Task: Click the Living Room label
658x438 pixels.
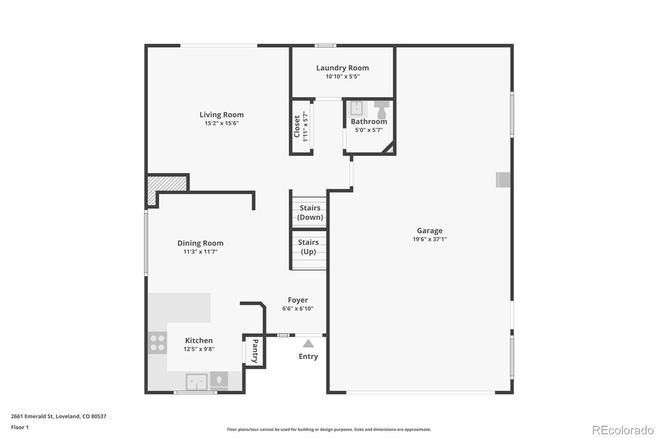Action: (x=222, y=115)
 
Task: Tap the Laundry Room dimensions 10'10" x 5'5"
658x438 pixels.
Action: (x=343, y=76)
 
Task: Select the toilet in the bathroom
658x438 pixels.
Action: (x=382, y=110)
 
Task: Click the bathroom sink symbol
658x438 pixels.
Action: (x=357, y=108)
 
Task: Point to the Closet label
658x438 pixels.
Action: (x=297, y=126)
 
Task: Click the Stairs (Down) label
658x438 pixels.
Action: (x=310, y=212)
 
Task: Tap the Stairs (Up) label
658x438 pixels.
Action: (x=308, y=247)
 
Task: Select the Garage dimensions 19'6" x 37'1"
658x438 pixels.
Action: (x=429, y=239)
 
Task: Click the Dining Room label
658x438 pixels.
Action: (x=200, y=243)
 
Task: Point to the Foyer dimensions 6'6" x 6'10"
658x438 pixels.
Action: (x=298, y=309)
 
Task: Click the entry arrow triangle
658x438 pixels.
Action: (x=308, y=343)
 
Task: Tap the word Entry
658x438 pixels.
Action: (x=308, y=356)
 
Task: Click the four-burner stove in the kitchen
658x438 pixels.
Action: (x=157, y=343)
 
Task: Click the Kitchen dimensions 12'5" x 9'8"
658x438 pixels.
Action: (x=199, y=349)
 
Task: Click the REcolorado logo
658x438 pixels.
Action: (x=623, y=430)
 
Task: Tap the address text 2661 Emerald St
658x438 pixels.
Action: (x=32, y=416)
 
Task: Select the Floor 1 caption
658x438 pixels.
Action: (x=20, y=427)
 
